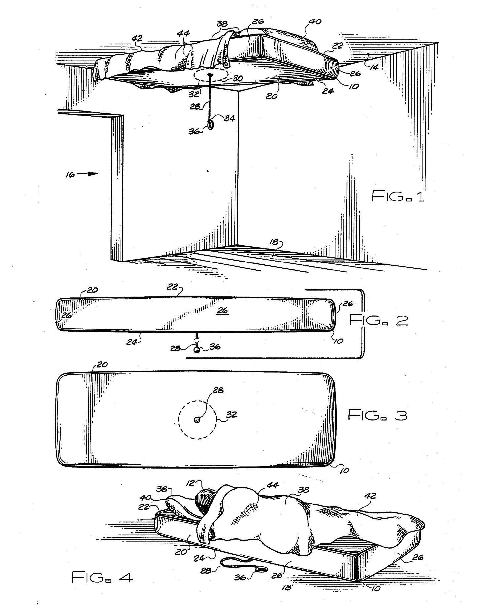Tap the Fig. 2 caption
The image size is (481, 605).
[x=379, y=320]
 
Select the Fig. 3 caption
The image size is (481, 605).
[x=378, y=415]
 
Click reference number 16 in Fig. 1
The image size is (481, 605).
[x=70, y=174]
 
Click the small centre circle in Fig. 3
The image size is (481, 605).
[x=197, y=420]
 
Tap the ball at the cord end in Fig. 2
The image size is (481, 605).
[x=197, y=350]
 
